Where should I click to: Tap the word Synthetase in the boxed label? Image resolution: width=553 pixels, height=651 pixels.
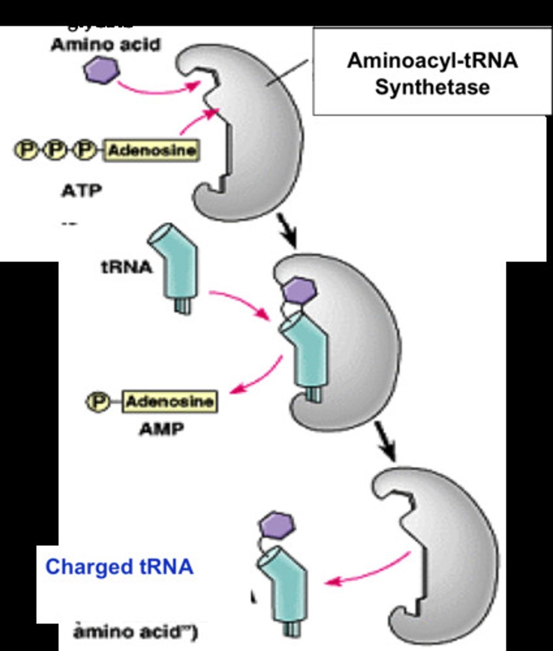click(x=432, y=87)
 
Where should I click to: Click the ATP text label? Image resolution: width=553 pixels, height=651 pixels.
click(x=81, y=191)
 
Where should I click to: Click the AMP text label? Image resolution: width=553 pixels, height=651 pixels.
click(x=161, y=430)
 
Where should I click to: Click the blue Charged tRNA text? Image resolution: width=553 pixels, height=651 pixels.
click(x=119, y=567)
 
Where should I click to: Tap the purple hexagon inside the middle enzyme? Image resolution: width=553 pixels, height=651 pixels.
click(x=300, y=291)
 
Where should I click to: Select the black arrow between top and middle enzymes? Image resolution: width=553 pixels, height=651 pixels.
click(x=287, y=230)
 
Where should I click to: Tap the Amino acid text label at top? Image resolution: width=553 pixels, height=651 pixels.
click(x=106, y=44)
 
